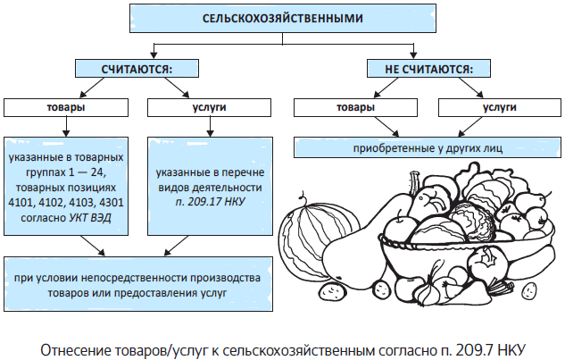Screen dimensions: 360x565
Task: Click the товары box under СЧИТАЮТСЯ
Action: point(67,107)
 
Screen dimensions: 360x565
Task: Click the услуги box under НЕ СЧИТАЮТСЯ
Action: point(499,107)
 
